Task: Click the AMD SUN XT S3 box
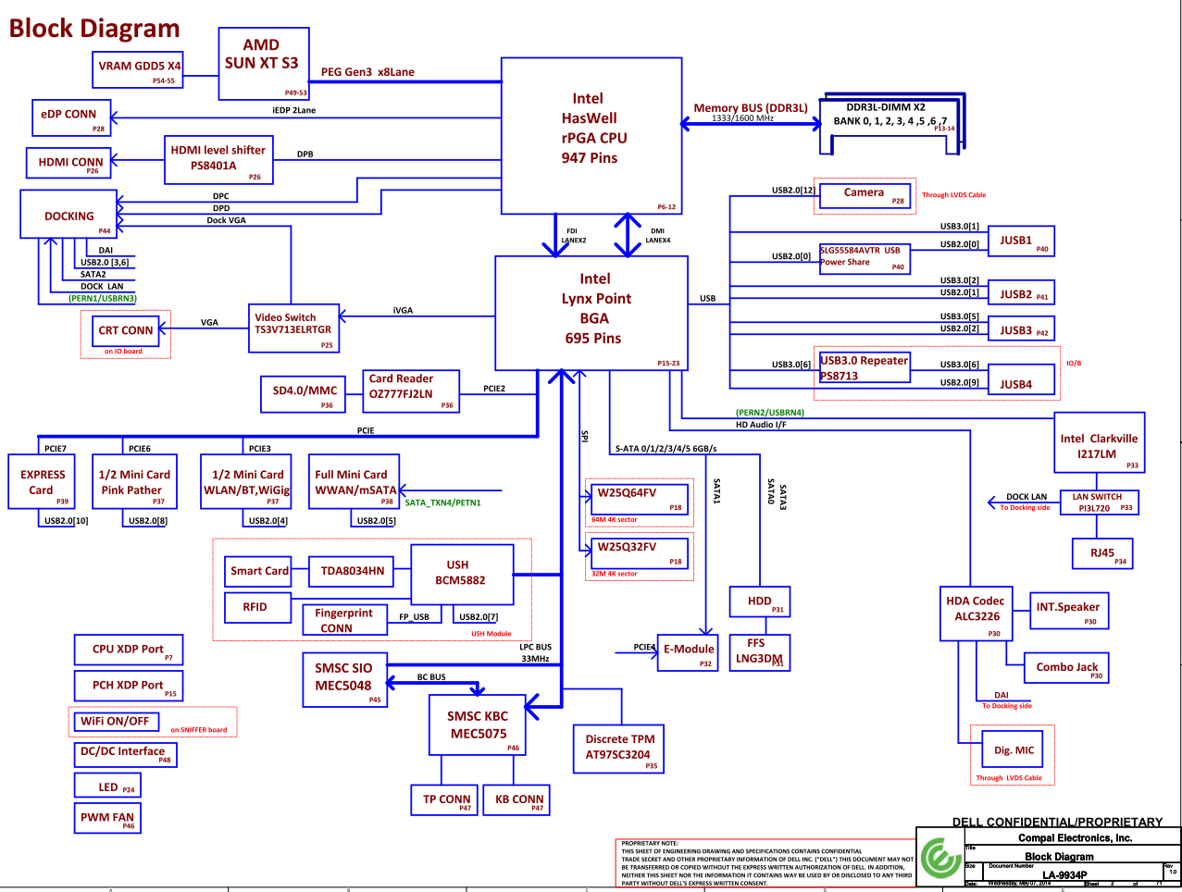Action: coord(264,63)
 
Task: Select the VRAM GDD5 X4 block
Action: coord(140,69)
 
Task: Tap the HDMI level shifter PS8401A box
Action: coord(218,159)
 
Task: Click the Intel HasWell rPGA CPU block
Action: coord(592,135)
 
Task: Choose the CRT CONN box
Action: coord(126,330)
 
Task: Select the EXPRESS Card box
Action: coord(42,482)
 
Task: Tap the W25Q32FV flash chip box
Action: coord(640,552)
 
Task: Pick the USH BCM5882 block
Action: coord(461,575)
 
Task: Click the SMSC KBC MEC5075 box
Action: coord(478,725)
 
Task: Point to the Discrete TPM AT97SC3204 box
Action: coord(619,747)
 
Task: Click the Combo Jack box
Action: coord(1066,667)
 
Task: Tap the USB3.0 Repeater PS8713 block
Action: coord(865,368)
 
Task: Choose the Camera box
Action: coord(865,194)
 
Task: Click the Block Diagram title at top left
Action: coord(94,29)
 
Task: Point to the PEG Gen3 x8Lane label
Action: coord(367,72)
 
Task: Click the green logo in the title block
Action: coord(939,856)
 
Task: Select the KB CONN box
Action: coord(519,800)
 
